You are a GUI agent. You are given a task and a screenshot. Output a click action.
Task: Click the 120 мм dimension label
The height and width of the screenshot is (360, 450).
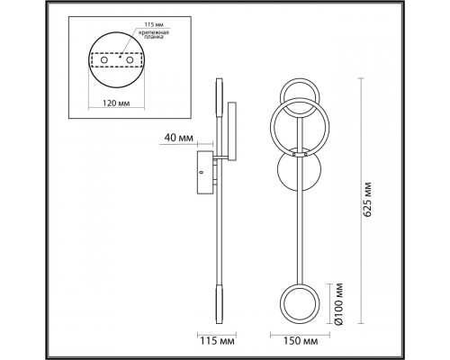point(116,103)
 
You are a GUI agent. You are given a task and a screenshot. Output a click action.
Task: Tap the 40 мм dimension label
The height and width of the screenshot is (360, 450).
point(178,138)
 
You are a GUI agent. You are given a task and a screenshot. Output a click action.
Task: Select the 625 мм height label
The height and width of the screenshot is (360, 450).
point(367,199)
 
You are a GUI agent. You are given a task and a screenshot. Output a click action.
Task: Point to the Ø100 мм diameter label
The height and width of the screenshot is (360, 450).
point(339,304)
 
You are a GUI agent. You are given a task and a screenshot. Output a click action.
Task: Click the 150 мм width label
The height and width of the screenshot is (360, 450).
point(301,341)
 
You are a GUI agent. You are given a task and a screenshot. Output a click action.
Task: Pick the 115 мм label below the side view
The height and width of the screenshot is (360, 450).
point(217,341)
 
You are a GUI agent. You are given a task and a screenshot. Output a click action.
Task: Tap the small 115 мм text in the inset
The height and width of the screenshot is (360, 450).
point(154,24)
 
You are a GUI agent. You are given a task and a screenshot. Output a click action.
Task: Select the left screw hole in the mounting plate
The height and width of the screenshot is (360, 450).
point(104,60)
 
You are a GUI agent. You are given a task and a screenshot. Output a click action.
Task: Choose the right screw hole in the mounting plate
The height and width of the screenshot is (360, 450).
point(130,60)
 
